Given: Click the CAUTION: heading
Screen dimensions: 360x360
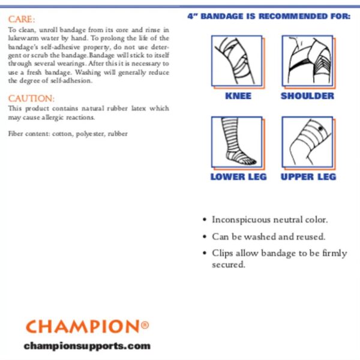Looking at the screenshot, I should tap(31, 98).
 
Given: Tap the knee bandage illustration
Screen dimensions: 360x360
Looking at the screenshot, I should tap(236, 61).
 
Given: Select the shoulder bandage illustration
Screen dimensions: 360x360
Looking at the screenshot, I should tap(307, 61).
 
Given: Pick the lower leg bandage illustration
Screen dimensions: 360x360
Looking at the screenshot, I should tap(236, 143).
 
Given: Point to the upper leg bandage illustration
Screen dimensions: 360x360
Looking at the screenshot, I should tap(307, 143).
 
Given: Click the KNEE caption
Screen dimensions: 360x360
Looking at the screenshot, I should tap(238, 96).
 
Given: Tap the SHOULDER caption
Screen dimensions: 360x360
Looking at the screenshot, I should tap(307, 96).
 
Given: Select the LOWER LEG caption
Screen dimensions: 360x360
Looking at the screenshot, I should tap(238, 177).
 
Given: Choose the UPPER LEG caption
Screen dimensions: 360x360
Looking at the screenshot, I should tap(308, 177).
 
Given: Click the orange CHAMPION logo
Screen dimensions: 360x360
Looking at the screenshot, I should tap(83, 327).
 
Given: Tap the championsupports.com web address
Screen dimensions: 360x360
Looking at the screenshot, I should tap(87, 346).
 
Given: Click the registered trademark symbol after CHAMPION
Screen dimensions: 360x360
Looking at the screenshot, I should tap(145, 325).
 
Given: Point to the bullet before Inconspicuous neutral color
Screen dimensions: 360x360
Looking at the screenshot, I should tap(206, 220).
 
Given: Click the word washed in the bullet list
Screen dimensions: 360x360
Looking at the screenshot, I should tap(263, 236).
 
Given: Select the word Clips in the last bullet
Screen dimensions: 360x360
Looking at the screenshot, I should tap(222, 253).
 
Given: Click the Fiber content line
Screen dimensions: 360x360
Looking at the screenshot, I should tap(68, 133).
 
